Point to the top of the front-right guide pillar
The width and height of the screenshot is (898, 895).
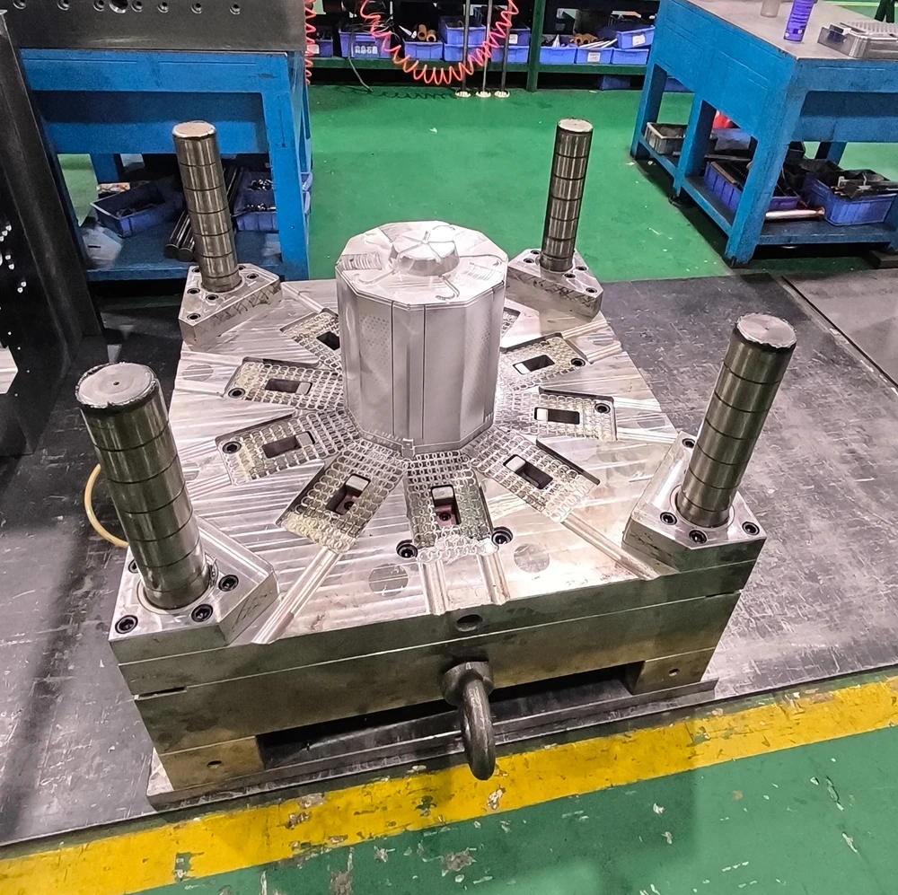coord(765,331)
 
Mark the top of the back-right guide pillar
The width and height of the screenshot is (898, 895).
coord(574,127)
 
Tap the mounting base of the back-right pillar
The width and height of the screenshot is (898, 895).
coord(557,281)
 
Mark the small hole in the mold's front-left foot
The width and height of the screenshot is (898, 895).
coord(214,765)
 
